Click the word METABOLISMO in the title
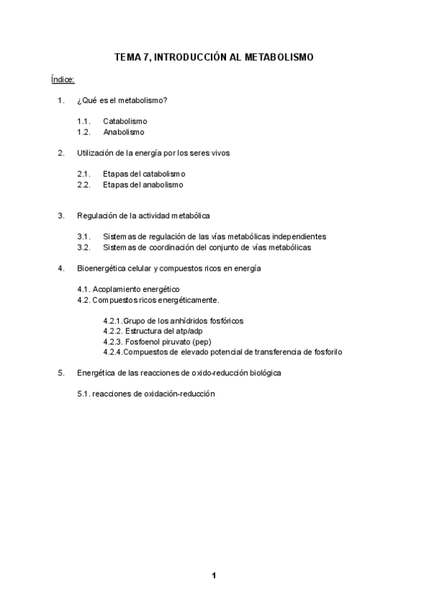(x=277, y=57)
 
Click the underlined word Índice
(x=63, y=78)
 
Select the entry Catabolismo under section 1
(x=124, y=122)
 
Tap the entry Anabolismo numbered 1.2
(x=124, y=132)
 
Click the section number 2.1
(x=84, y=174)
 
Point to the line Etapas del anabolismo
(x=142, y=185)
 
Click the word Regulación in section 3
(x=95, y=215)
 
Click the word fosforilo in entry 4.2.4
(x=325, y=352)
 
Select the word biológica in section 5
(x=262, y=373)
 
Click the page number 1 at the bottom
(x=213, y=575)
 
